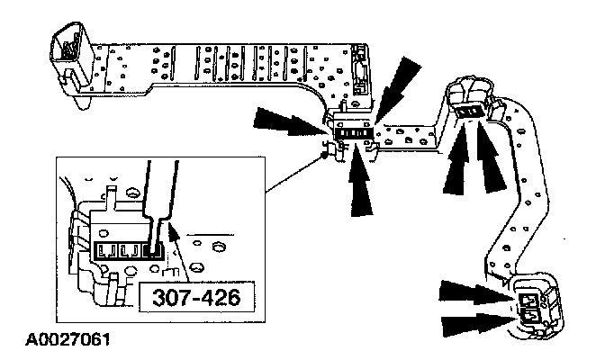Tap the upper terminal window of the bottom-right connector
click(x=530, y=298)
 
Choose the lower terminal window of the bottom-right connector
click(x=531, y=315)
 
